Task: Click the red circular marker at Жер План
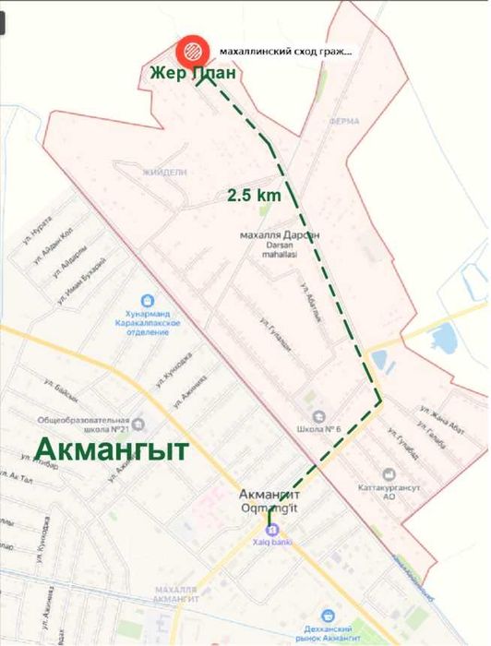pos(193,49)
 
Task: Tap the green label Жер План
pos(195,73)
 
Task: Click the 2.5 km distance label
pos(254,195)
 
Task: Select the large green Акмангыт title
pos(112,449)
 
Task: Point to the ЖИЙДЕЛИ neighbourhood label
pos(165,172)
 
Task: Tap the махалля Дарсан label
pos(278,235)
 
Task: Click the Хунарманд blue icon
pos(146,300)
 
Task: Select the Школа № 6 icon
pos(318,416)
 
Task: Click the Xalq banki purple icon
pos(269,530)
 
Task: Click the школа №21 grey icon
pos(138,424)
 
